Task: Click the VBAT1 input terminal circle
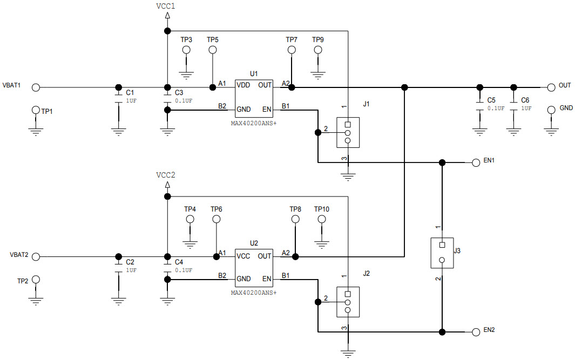coord(36,87)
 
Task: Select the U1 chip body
coord(254,97)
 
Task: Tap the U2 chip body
coord(254,267)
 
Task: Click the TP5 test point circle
coord(213,50)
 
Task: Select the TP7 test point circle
coord(292,50)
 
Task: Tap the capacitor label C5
coord(491,100)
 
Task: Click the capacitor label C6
coord(525,100)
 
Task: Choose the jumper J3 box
coord(442,253)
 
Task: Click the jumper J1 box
coord(348,132)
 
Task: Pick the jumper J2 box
coord(348,302)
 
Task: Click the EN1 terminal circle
coord(476,162)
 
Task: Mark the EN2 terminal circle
coord(476,332)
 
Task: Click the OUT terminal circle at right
coord(551,87)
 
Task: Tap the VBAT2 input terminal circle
coord(36,256)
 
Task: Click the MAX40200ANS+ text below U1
coord(253,123)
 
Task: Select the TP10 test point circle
coord(322,219)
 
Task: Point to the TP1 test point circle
coord(36,110)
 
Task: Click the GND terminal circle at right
coord(551,110)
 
